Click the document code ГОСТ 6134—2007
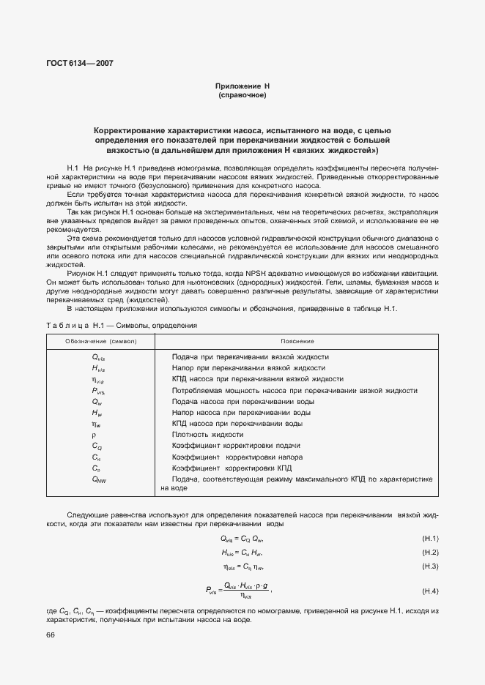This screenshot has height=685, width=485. [x=81, y=64]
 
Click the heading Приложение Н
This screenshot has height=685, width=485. [x=242, y=86]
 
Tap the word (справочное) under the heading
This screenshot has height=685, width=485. [x=242, y=95]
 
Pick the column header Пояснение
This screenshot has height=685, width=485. [x=297, y=341]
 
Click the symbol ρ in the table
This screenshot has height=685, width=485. [x=93, y=434]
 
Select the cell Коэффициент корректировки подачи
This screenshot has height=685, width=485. [x=236, y=446]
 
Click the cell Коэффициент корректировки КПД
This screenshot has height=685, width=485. [x=232, y=467]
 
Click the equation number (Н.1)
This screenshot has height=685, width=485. [x=430, y=539]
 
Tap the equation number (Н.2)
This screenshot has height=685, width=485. [x=430, y=553]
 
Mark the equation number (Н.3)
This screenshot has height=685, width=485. [x=430, y=566]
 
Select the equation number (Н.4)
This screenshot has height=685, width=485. [x=430, y=591]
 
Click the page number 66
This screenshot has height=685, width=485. [x=51, y=635]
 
